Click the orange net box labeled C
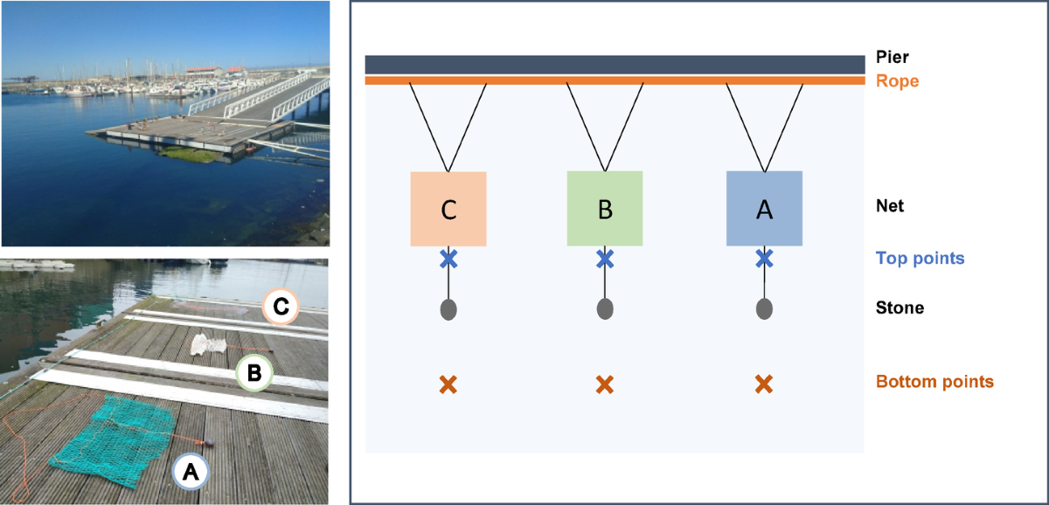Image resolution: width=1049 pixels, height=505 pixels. coord(448,209)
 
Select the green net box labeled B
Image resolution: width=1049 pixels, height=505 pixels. coord(605,209)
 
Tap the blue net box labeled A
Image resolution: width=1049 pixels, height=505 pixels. coord(764,209)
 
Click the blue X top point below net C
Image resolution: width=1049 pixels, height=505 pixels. coord(448,259)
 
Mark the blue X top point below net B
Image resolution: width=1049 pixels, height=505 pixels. coord(605,259)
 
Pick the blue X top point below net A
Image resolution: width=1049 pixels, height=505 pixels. coord(764,259)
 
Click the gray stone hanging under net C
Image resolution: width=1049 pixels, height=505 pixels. coord(448,309)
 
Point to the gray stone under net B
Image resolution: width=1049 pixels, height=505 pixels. coord(605,309)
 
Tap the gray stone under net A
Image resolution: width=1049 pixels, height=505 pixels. coord(764,309)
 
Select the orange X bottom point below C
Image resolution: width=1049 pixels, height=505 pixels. coord(448,384)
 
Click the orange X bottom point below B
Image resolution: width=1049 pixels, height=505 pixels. coord(605,384)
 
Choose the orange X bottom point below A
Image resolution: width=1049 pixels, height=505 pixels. coord(764,384)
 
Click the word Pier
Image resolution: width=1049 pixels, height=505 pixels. coord(893,57)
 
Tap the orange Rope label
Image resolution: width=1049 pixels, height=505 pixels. coord(897,81)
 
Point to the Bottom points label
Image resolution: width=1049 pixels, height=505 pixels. coord(934,382)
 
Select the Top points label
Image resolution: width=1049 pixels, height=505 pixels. coord(920,259)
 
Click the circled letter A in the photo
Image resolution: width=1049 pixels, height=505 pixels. coord(191,471)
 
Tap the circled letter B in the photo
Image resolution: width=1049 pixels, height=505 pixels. coord(254,373)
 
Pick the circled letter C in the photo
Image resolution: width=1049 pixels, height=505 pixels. coord(281,307)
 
